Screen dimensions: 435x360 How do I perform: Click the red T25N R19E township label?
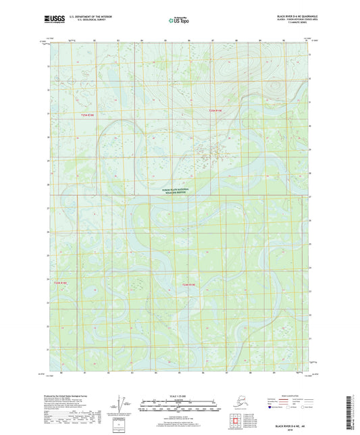point(215,110)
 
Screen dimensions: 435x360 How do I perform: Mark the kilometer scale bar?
point(179,401)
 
